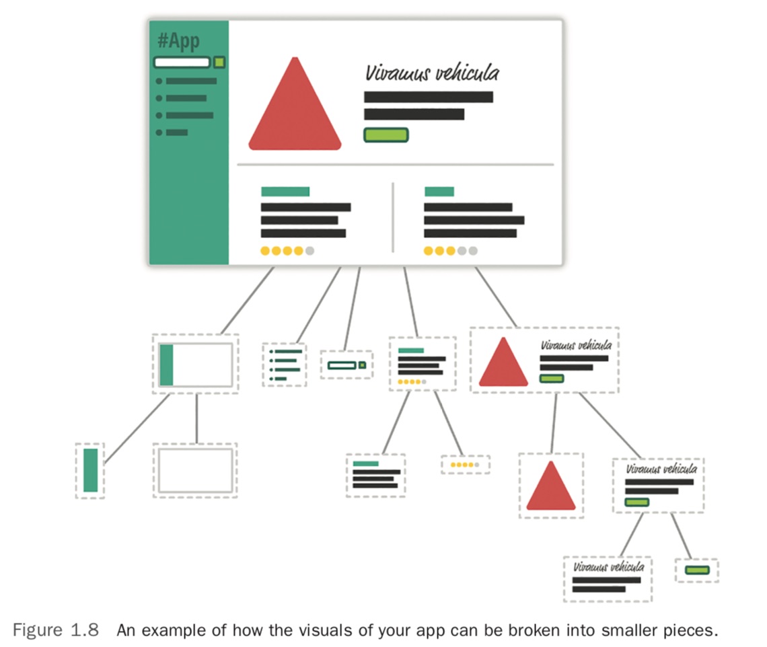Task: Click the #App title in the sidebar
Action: pyautogui.click(x=178, y=41)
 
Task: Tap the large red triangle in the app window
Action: pyautogui.click(x=295, y=111)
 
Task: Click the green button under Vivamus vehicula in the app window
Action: pyautogui.click(x=386, y=135)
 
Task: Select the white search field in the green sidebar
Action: pyautogui.click(x=182, y=63)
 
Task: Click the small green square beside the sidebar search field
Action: pyautogui.click(x=219, y=63)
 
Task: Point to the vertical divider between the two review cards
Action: pyautogui.click(x=393, y=217)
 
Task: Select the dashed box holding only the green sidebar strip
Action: pyautogui.click(x=90, y=471)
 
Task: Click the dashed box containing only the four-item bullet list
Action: pyautogui.click(x=284, y=365)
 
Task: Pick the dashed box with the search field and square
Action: pyautogui.click(x=346, y=365)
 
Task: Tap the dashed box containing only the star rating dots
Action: pyautogui.click(x=466, y=465)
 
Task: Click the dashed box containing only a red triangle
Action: pyautogui.click(x=551, y=486)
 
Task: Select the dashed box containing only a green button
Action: pyautogui.click(x=697, y=570)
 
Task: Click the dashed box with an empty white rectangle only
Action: pyautogui.click(x=195, y=471)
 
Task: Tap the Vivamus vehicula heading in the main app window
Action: pyautogui.click(x=432, y=73)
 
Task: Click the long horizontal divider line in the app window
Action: pyautogui.click(x=396, y=164)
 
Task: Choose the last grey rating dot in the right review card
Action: pyautogui.click(x=473, y=251)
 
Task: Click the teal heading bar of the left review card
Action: pyautogui.click(x=285, y=192)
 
